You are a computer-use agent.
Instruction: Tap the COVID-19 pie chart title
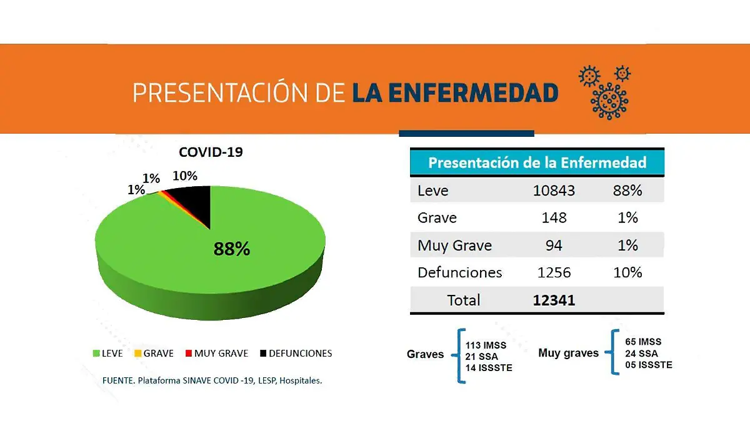click(211, 152)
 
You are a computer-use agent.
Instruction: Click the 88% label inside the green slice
click(232, 249)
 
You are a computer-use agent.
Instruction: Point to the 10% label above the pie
click(185, 176)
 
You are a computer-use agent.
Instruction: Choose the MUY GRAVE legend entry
click(216, 353)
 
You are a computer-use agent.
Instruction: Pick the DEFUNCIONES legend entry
click(296, 353)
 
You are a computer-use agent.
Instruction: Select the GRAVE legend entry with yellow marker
click(154, 353)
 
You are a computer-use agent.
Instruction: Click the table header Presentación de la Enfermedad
click(537, 163)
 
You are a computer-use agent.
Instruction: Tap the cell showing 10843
click(553, 191)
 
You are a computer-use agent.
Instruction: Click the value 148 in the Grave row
click(554, 218)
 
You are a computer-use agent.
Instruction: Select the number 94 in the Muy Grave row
click(554, 245)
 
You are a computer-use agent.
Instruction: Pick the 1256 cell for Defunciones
click(554, 273)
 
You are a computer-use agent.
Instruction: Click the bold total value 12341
click(554, 300)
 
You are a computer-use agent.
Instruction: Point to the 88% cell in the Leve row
click(627, 191)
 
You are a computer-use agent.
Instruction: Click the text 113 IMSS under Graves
click(486, 345)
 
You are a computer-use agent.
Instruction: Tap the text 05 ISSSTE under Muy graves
click(649, 365)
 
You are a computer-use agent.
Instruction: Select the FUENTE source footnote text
click(212, 380)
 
